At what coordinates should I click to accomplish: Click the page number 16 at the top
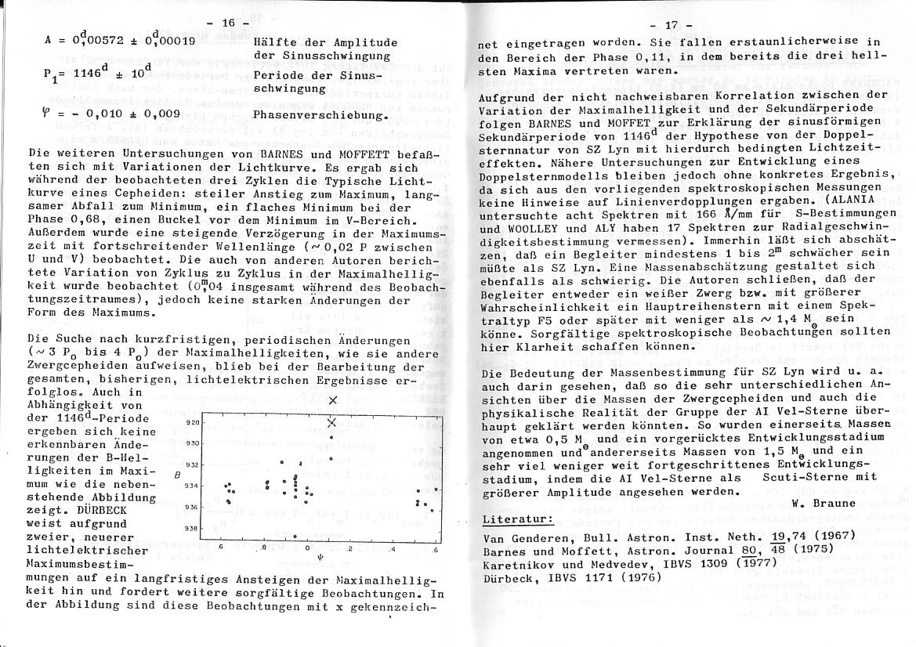229,23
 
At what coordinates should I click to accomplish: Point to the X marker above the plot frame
334,401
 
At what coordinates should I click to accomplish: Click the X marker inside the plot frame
331,423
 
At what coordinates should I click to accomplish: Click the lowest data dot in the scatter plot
294,537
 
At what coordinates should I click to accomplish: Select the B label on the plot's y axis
177,475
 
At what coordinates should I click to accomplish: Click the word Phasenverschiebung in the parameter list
320,116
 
